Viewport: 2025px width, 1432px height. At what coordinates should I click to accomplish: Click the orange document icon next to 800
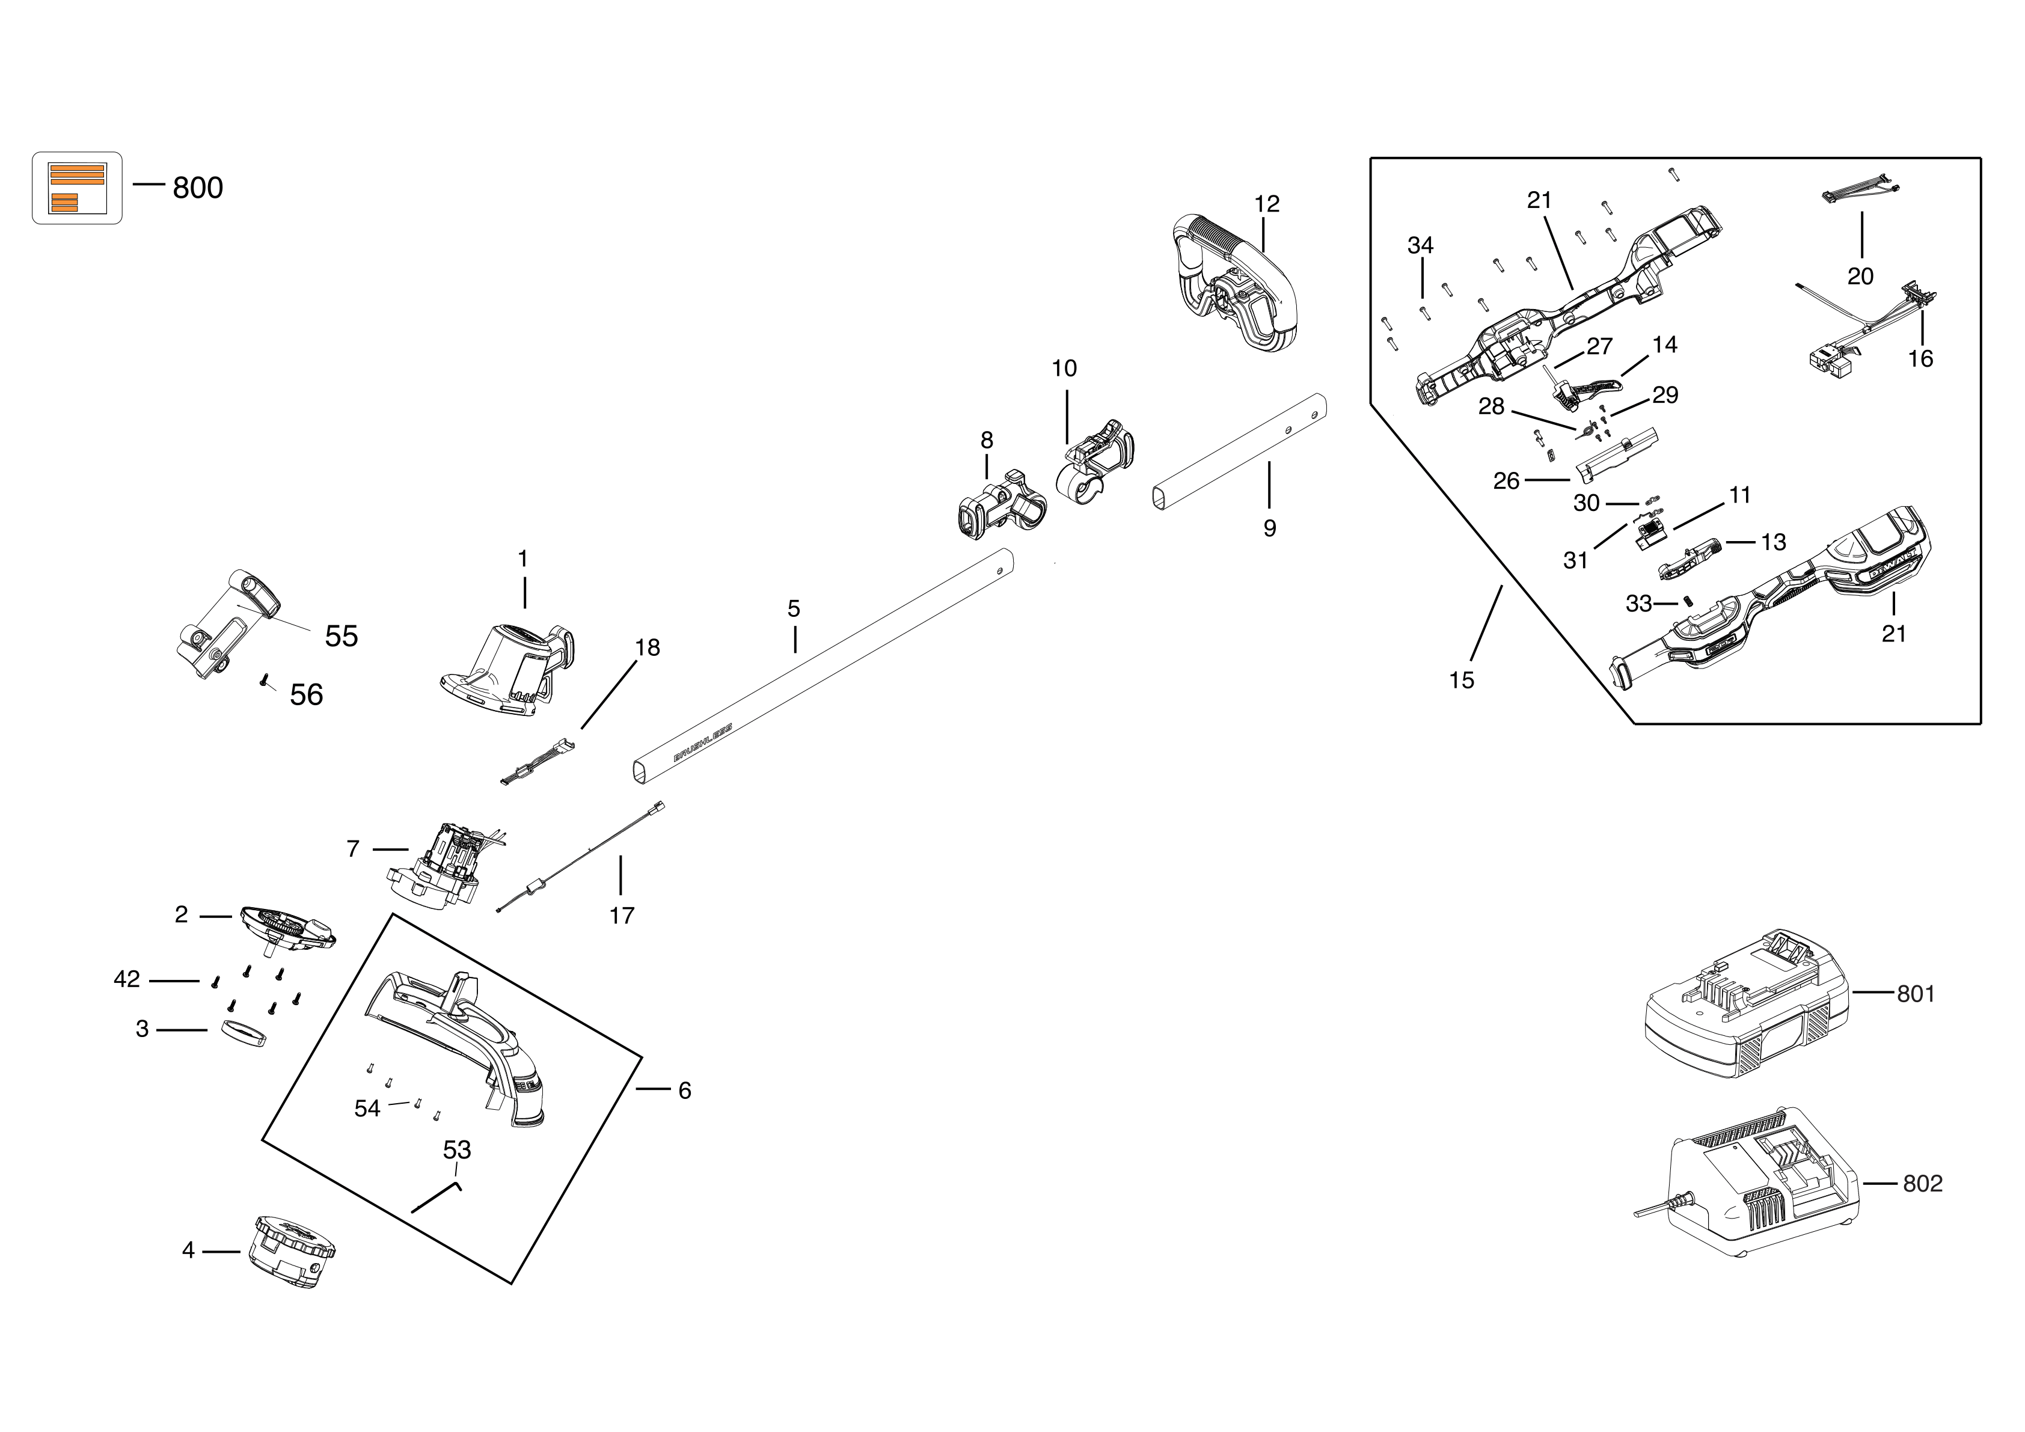click(x=78, y=188)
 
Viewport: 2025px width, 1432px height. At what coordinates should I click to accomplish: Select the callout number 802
click(x=1923, y=1183)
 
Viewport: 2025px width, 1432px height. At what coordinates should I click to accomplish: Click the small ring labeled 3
click(x=242, y=1033)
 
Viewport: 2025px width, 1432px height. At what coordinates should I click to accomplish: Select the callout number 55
click(x=342, y=637)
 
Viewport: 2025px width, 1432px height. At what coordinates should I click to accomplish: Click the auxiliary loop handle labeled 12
click(x=1235, y=282)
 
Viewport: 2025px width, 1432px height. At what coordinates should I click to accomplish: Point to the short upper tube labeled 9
click(x=1239, y=451)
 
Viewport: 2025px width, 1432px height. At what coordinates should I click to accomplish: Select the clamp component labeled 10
click(x=1094, y=463)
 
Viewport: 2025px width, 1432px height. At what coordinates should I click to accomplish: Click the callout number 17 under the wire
click(x=622, y=915)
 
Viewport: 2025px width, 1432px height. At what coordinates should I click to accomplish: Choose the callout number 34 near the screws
click(x=1420, y=245)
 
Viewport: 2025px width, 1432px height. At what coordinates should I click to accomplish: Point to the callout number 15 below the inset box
click(x=1462, y=680)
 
